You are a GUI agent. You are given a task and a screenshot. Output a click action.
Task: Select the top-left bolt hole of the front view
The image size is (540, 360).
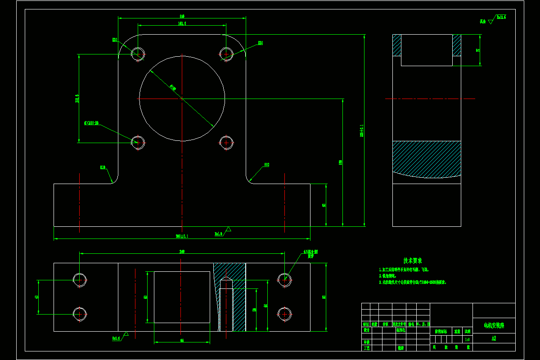pyautogui.click(x=138, y=54)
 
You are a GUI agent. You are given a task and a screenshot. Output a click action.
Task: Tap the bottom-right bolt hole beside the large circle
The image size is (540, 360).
pyautogui.click(x=226, y=143)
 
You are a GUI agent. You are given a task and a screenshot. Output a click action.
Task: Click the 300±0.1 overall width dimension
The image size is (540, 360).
pyautogui.click(x=182, y=236)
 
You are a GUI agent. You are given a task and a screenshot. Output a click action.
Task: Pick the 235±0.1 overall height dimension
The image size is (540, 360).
pyautogui.click(x=361, y=130)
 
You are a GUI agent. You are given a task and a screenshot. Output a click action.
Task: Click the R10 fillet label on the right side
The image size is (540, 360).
pyautogui.click(x=266, y=165)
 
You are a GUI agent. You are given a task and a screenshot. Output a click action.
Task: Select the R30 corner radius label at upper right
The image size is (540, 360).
pyautogui.click(x=260, y=43)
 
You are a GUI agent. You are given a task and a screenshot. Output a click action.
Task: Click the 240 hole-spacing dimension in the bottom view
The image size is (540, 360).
pyautogui.click(x=182, y=252)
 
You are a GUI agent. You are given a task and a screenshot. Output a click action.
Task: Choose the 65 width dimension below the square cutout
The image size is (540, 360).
pyautogui.click(x=182, y=341)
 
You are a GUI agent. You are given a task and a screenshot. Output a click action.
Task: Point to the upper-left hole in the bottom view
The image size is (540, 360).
pyautogui.click(x=80, y=279)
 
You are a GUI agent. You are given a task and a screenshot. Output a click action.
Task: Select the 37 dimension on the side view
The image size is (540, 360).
pyautogui.click(x=478, y=50)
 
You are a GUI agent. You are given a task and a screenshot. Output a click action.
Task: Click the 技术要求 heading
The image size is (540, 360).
pyautogui.click(x=412, y=261)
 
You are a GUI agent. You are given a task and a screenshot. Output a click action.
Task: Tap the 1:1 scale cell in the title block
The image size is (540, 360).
pyautogui.click(x=468, y=340)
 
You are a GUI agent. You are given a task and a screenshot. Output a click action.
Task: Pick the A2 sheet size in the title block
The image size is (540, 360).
pyautogui.click(x=494, y=338)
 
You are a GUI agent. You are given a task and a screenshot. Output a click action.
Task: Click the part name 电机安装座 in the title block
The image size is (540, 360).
pyautogui.click(x=494, y=325)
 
